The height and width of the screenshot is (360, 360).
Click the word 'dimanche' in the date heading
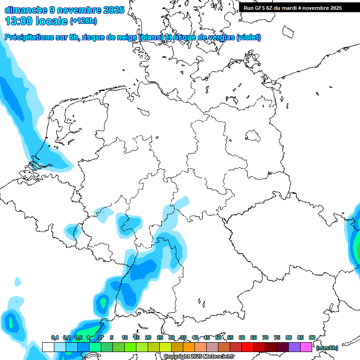pos(26,10)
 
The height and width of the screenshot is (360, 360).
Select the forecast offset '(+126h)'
pos(83,21)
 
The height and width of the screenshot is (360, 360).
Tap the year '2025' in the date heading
pos(113,10)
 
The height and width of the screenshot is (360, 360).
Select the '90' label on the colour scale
pos(312,338)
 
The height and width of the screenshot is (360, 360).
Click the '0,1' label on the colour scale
pos(54,338)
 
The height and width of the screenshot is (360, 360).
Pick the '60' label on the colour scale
pos(242,338)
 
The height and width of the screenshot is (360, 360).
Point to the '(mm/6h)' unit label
pos(327,348)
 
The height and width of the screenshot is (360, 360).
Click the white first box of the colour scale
pos(48,347)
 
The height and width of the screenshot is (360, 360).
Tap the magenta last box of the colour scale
pos(306,347)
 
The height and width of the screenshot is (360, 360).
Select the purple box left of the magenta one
pos(294,347)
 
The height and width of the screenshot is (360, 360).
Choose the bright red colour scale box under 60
pos(247,347)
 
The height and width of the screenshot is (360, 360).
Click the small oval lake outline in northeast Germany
pos(254,136)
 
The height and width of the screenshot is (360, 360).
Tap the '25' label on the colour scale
pos(160,338)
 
